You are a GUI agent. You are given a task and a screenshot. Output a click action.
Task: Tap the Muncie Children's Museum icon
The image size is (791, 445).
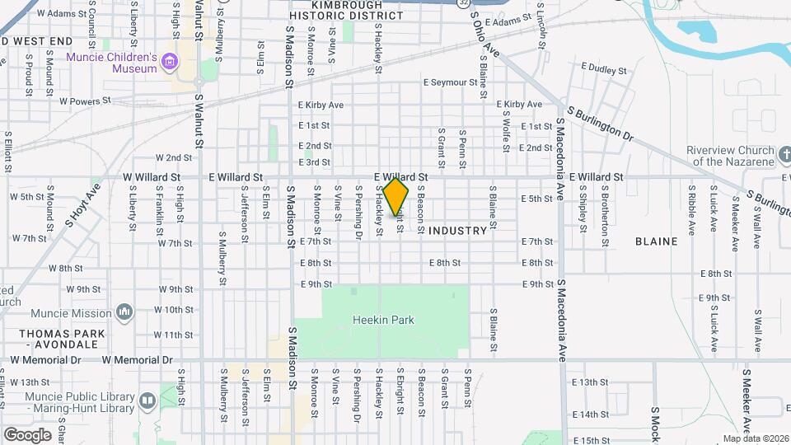(x=170, y=61)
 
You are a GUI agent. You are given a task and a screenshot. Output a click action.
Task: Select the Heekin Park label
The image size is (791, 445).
(x=383, y=320)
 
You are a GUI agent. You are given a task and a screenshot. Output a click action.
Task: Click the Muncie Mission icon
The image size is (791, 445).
(x=124, y=312)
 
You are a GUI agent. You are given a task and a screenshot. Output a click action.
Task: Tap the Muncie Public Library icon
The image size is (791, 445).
(x=147, y=401)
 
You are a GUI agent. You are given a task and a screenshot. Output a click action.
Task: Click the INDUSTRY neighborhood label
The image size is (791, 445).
(x=458, y=231)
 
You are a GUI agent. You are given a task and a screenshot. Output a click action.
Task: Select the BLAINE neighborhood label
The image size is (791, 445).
(x=657, y=241)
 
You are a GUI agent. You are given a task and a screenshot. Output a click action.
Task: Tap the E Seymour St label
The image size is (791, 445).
(x=450, y=82)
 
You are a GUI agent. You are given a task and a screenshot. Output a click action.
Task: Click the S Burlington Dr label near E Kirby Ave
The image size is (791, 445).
(x=599, y=123)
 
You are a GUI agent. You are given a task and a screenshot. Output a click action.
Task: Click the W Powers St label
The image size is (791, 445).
(x=85, y=101)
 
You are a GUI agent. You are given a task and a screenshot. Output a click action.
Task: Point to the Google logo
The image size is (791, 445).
(x=27, y=434)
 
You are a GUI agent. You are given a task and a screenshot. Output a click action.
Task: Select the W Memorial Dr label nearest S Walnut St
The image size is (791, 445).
(x=138, y=360)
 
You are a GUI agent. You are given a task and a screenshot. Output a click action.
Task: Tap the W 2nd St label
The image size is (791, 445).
(x=174, y=157)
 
